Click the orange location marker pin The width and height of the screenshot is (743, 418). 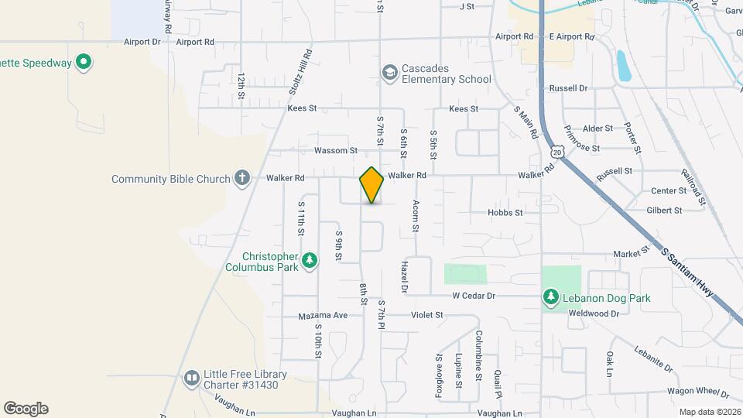coord(371,185)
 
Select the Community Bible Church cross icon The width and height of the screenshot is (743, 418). coord(241,179)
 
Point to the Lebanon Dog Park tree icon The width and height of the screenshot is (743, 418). coord(550,297)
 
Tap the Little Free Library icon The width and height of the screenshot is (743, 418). coord(191,378)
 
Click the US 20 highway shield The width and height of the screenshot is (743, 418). coord(557,150)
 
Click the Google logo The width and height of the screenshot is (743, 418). coord(26,409)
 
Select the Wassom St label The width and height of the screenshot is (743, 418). coord(336,150)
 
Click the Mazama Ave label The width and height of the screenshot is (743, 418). coord(324,316)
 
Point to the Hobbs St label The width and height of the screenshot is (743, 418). coord(505,212)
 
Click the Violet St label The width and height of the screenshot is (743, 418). coord(426,315)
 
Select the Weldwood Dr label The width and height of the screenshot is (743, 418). coord(594,313)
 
